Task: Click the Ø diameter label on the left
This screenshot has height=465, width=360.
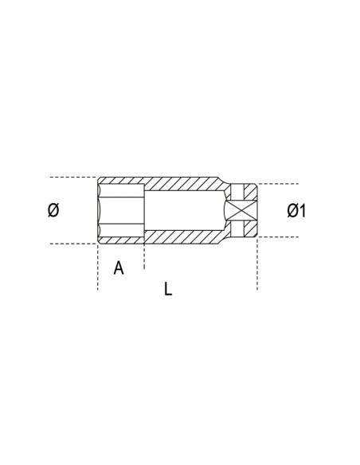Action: pyautogui.click(x=53, y=210)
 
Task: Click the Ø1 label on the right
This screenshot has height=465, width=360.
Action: pyautogui.click(x=297, y=210)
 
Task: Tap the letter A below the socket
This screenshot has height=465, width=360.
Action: pyautogui.click(x=119, y=268)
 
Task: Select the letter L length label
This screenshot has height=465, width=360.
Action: pyautogui.click(x=168, y=289)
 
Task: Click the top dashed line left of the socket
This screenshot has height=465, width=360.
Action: pyautogui.click(x=72, y=177)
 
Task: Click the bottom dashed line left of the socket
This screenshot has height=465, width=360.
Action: pyautogui.click(x=72, y=244)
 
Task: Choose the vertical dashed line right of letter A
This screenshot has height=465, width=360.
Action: pyautogui.click(x=143, y=259)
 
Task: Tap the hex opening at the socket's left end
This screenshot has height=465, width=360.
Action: pyautogui.click(x=119, y=210)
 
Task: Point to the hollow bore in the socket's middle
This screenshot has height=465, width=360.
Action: pyautogui.click(x=183, y=210)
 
